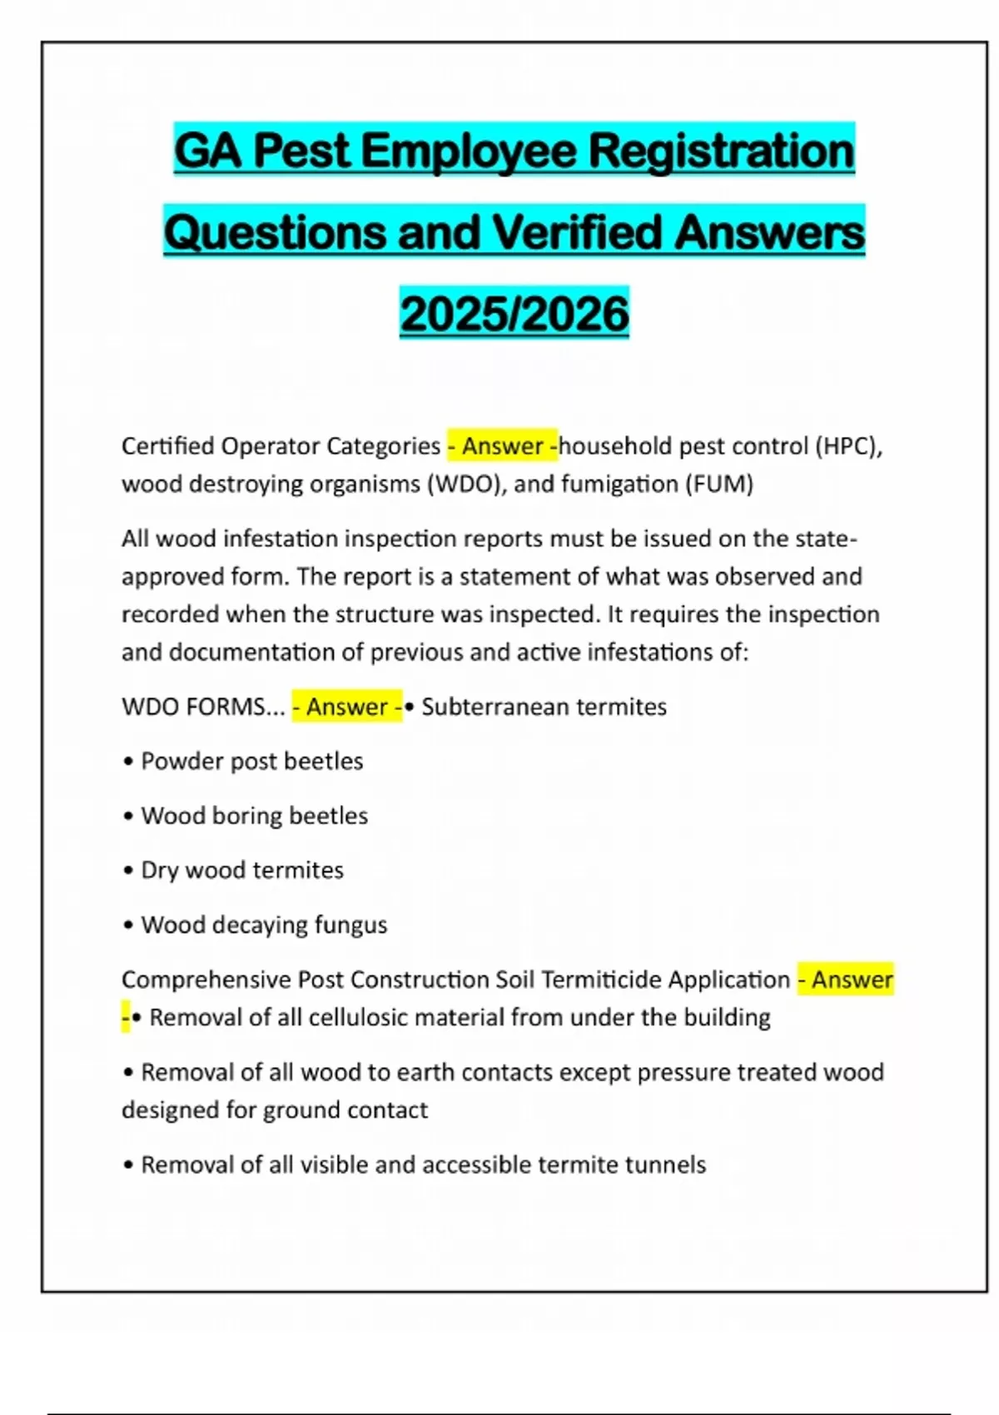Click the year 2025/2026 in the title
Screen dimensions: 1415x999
[514, 314]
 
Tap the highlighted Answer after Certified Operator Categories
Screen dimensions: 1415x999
[502, 446]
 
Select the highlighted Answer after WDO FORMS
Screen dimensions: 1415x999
[346, 707]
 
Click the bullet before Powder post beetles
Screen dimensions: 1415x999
[128, 762]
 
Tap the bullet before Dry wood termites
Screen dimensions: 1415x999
[128, 871]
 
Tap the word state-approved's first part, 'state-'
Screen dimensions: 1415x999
[826, 539]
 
